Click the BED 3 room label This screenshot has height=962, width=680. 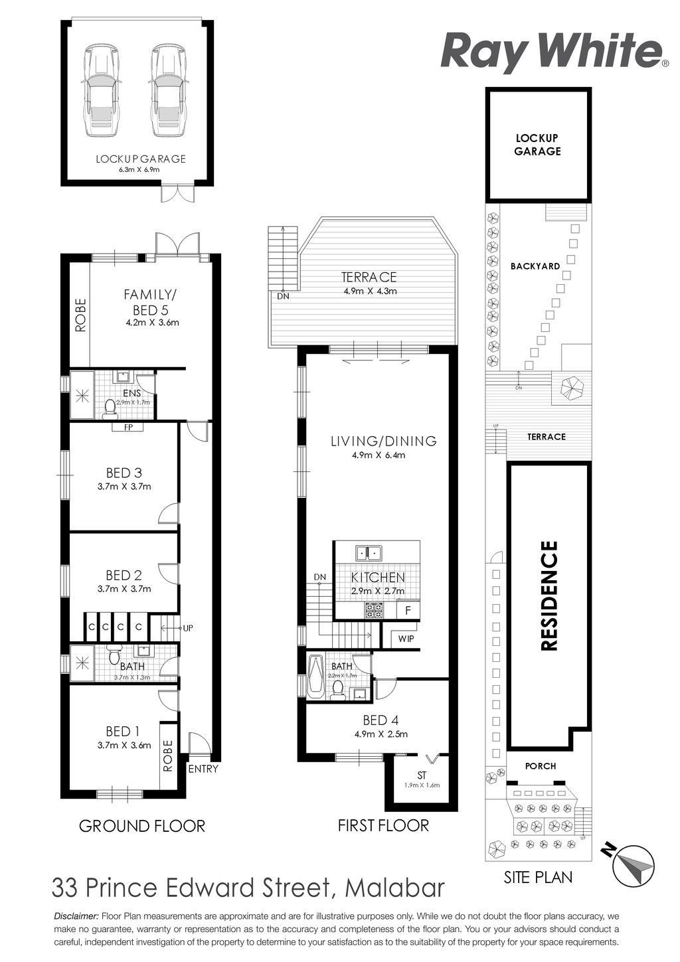tap(124, 473)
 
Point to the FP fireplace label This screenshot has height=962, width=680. tap(127, 427)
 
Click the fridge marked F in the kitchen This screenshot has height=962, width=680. tap(408, 611)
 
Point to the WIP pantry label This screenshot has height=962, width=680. tap(406, 639)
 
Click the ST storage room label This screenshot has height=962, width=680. tap(422, 775)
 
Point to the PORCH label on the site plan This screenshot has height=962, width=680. tap(541, 765)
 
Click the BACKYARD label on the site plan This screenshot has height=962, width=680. tap(535, 266)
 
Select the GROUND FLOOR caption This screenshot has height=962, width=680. tap(142, 826)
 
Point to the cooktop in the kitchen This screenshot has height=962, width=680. tap(374, 611)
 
